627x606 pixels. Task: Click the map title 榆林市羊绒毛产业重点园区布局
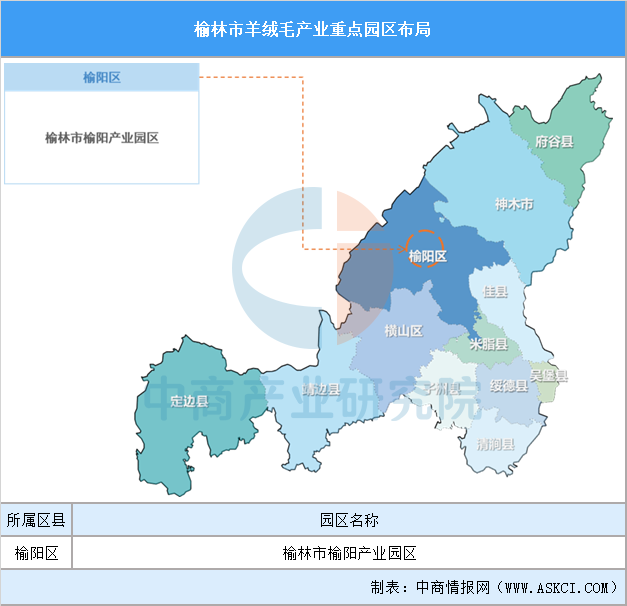pyautogui.click(x=313, y=28)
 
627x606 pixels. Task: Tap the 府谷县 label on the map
pyautogui.click(x=554, y=142)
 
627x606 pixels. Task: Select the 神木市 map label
pyautogui.click(x=514, y=204)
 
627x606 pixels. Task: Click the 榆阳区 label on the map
pyautogui.click(x=427, y=257)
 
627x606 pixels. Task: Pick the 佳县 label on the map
pyautogui.click(x=495, y=291)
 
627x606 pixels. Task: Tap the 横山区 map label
pyautogui.click(x=404, y=331)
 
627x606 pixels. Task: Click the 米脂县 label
pyautogui.click(x=489, y=344)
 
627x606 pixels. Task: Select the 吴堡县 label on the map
pyautogui.click(x=549, y=376)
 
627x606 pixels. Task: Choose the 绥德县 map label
pyautogui.click(x=509, y=386)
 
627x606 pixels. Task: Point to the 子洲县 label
pyautogui.click(x=441, y=387)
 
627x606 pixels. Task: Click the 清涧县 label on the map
pyautogui.click(x=495, y=443)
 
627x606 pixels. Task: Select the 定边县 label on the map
pyautogui.click(x=189, y=401)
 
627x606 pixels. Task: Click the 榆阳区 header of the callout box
pyautogui.click(x=101, y=77)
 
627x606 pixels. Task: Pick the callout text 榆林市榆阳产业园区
pyautogui.click(x=101, y=138)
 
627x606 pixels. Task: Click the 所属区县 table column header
pyautogui.click(x=36, y=520)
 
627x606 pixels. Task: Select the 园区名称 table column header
pyautogui.click(x=349, y=520)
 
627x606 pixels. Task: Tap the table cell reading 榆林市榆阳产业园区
pyautogui.click(x=349, y=552)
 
